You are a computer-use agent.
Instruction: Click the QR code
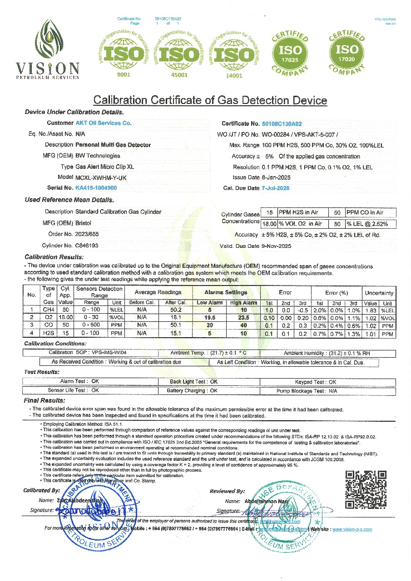pyautogui.click(x=366, y=489)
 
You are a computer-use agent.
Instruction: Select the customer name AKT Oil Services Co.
pyautogui.click(x=103, y=123)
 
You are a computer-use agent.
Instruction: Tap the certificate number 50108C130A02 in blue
pyautogui.click(x=282, y=123)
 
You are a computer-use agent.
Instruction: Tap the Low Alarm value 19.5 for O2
pyautogui.click(x=209, y=318)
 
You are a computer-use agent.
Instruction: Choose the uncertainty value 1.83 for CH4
pyautogui.click(x=371, y=310)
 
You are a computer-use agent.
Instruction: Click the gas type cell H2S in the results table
pyautogui.click(x=48, y=334)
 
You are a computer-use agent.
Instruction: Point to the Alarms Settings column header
pyautogui.click(x=226, y=292)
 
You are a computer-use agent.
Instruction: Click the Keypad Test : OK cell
pyautogui.click(x=316, y=382)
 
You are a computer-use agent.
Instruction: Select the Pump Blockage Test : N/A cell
pyautogui.click(x=307, y=391)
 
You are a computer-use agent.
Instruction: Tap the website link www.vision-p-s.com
pyautogui.click(x=352, y=529)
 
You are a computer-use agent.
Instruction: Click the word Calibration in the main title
pyautogui.click(x=120, y=100)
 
